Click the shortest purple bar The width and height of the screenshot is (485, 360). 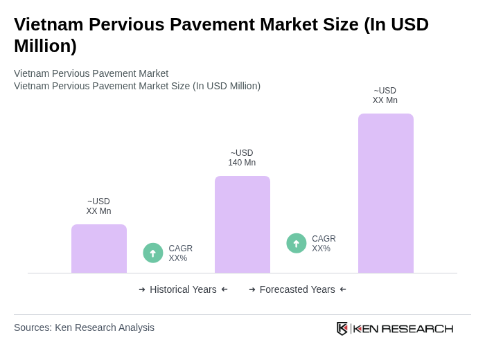(x=99, y=249)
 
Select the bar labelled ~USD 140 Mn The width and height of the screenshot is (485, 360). (x=242, y=224)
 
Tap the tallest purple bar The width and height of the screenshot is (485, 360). (x=386, y=193)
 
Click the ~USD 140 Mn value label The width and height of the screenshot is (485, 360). (x=242, y=158)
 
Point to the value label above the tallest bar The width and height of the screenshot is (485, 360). (x=385, y=96)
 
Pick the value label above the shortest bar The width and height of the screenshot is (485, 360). (x=98, y=206)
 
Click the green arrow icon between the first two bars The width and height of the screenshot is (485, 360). (x=153, y=253)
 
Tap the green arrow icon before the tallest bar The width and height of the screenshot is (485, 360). (x=297, y=243)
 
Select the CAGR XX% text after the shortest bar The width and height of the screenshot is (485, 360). (x=180, y=253)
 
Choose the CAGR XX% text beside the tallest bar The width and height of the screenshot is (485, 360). (x=324, y=244)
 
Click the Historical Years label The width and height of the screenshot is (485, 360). (x=183, y=289)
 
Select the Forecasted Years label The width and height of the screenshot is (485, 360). (x=297, y=289)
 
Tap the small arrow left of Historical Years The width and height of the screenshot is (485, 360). (x=142, y=289)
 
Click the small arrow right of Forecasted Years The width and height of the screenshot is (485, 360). (x=343, y=289)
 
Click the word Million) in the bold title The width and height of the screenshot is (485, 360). (x=45, y=46)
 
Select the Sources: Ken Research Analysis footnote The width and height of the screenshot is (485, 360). (x=84, y=327)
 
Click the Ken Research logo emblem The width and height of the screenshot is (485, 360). (x=342, y=328)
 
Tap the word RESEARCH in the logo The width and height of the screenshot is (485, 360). (x=417, y=328)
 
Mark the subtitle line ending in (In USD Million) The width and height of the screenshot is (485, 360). (x=137, y=86)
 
